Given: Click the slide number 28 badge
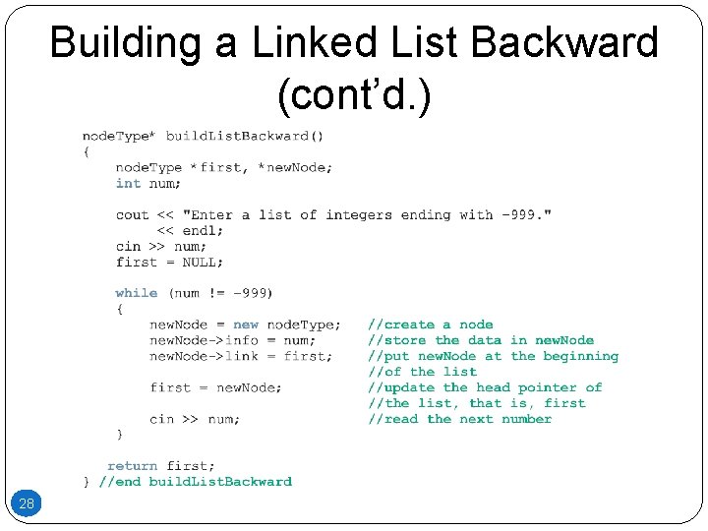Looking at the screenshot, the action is [27, 503].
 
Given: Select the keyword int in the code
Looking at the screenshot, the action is [128, 183].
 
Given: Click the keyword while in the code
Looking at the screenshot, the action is [136, 293].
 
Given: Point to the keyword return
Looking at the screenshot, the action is [132, 466].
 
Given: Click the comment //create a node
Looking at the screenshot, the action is [431, 324].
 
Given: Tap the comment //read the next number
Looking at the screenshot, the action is [460, 419].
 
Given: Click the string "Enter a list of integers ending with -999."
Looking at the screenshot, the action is [367, 214].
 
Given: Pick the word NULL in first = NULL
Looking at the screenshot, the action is [203, 262].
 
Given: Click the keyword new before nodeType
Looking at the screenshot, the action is [246, 324].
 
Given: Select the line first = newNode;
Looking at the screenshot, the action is [215, 387].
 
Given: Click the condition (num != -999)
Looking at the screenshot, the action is [221, 293].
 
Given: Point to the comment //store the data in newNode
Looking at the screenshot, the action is [481, 340].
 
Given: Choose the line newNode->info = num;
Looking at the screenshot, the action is [232, 340].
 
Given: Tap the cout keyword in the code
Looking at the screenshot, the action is [132, 214].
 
